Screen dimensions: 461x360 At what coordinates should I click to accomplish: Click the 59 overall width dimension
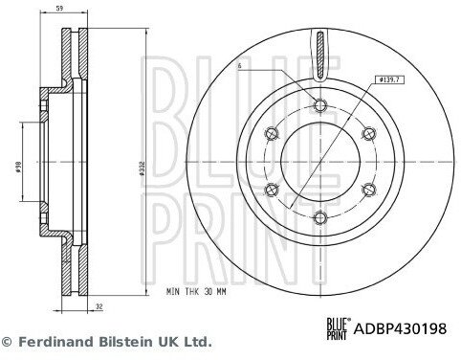point(59,9)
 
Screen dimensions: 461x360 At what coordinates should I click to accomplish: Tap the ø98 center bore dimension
point(18,166)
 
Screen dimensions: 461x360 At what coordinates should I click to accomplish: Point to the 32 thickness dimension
point(99,307)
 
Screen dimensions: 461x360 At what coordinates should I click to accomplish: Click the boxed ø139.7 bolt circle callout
point(389,79)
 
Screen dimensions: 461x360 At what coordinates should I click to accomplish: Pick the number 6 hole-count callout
point(240,66)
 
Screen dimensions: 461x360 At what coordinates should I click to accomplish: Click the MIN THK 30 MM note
point(196,291)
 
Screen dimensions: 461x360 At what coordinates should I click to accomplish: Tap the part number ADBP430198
point(400,328)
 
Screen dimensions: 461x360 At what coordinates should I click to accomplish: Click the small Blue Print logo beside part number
point(338,328)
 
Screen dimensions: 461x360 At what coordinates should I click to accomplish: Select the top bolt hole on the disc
point(320,105)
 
